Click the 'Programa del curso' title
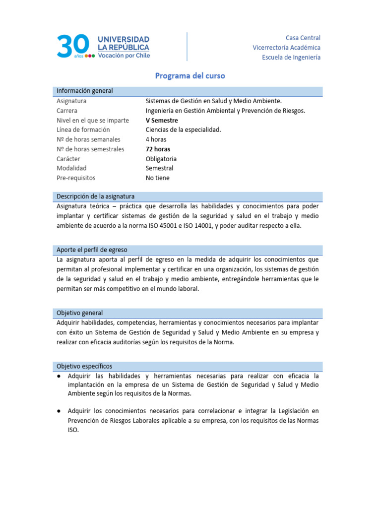point(190,76)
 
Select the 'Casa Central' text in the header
point(303,38)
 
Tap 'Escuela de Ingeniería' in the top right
point(291,57)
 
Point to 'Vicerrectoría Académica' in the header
point(286,48)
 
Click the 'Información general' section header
point(85,91)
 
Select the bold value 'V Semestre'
point(162,121)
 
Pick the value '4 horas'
point(156,139)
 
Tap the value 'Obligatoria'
point(161,159)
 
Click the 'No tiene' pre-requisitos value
point(157,178)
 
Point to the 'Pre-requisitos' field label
point(76,178)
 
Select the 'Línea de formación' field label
point(83,130)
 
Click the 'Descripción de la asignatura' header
point(95,196)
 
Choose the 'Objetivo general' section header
point(80,313)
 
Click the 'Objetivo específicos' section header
point(84,366)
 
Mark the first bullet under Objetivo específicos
point(59,376)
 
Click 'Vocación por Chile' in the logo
point(124,56)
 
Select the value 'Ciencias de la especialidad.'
point(183,130)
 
